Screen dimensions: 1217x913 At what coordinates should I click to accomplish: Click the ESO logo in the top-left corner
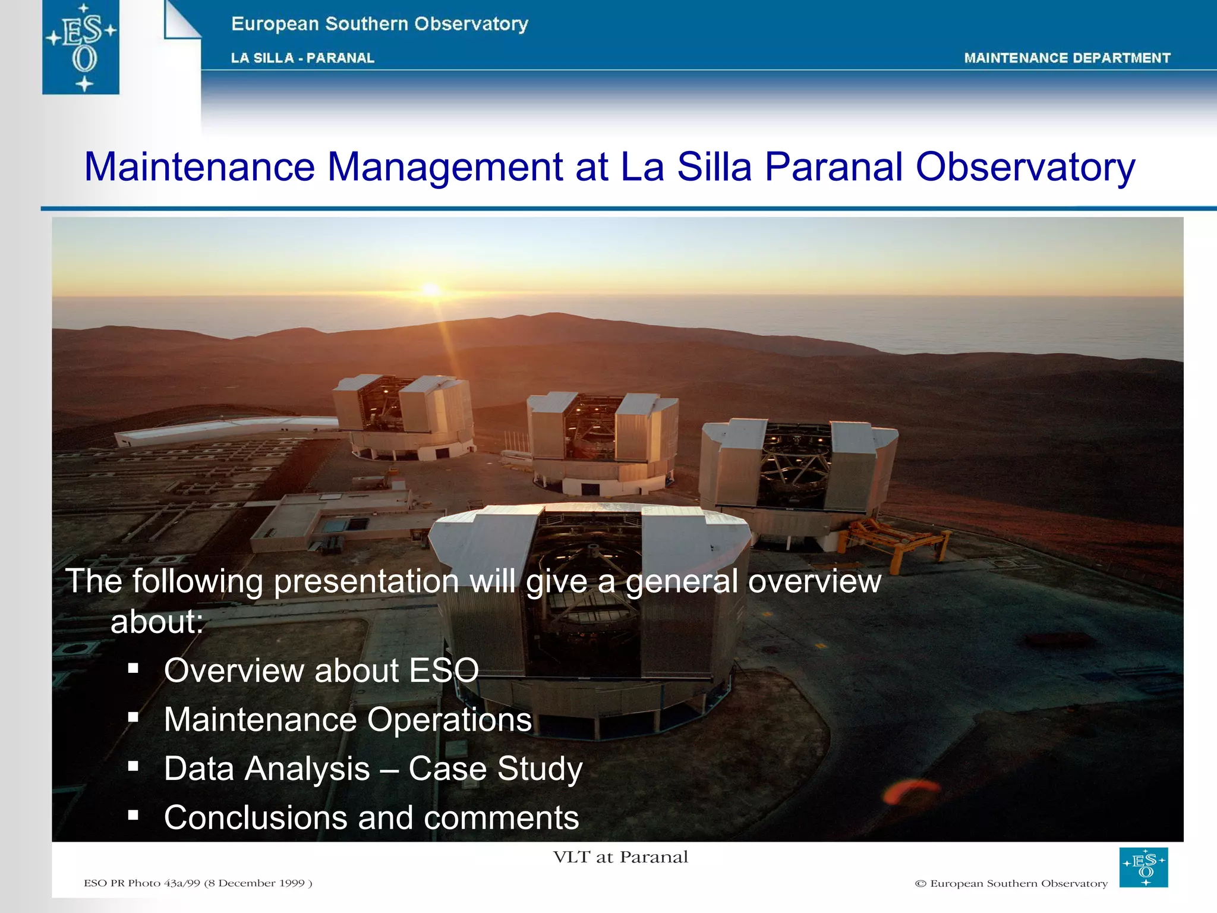point(81,47)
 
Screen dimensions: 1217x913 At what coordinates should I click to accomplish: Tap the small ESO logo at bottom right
point(1143,867)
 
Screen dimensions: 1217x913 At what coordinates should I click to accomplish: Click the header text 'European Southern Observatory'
point(380,24)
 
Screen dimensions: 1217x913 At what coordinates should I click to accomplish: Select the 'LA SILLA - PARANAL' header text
point(302,58)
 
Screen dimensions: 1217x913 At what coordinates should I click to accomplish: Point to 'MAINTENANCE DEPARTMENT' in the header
point(1067,58)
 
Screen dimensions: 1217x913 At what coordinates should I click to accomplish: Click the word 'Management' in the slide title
point(445,167)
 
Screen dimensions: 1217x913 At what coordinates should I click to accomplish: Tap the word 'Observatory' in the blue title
point(1026,167)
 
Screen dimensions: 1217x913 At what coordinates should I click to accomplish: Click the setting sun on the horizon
point(431,290)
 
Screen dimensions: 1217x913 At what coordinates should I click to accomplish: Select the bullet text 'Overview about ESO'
point(321,670)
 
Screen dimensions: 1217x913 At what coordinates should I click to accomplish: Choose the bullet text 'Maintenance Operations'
point(348,720)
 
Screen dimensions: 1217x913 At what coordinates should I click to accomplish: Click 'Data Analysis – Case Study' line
point(373,769)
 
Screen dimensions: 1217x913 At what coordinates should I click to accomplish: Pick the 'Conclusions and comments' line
point(371,817)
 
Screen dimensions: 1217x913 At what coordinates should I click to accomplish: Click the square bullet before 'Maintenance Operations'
point(133,717)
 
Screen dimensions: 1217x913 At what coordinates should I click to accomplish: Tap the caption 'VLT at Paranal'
point(620,857)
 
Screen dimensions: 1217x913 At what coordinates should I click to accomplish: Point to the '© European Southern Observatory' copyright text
point(1011,884)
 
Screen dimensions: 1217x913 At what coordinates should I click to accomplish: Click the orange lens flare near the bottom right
point(910,791)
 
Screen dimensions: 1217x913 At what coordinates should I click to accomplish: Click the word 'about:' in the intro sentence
point(157,622)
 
